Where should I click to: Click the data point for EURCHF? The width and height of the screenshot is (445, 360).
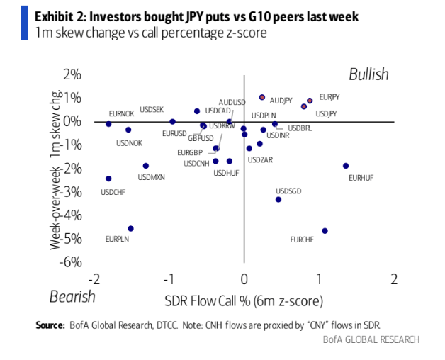click(325, 231)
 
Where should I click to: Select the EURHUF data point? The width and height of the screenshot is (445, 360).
click(346, 166)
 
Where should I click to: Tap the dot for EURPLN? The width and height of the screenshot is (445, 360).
click(130, 228)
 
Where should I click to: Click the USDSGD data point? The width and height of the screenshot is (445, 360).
click(278, 199)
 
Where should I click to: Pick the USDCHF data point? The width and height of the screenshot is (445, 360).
click(108, 179)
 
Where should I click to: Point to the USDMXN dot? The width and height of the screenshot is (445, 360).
click(146, 166)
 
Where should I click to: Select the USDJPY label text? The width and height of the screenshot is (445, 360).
click(326, 113)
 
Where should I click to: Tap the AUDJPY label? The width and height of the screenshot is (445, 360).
click(281, 101)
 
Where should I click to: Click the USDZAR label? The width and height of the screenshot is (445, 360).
click(260, 160)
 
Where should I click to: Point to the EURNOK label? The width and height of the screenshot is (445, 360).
click(121, 113)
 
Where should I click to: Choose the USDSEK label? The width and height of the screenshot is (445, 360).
click(152, 109)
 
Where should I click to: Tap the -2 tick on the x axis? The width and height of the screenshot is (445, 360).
click(94, 277)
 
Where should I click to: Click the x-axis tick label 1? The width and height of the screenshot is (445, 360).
click(319, 277)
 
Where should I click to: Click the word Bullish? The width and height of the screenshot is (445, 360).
click(368, 74)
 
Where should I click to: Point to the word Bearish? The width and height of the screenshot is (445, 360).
click(72, 296)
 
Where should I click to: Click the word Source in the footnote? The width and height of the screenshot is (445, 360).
click(50, 325)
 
